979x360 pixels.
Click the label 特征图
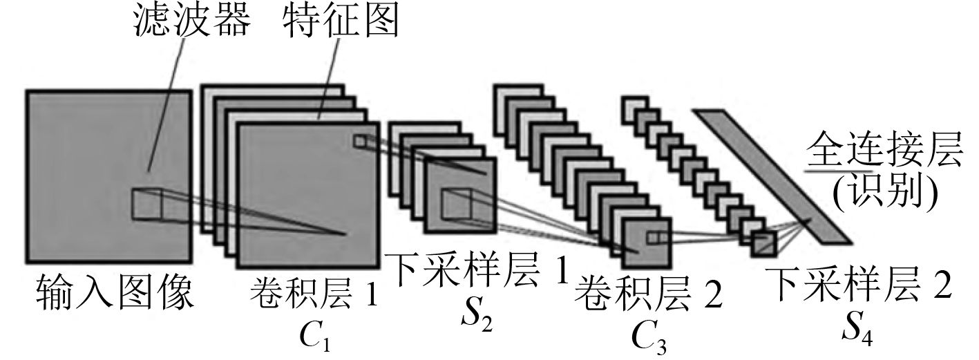[x=341, y=23]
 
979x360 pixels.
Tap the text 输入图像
[x=114, y=293]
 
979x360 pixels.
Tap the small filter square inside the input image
[x=146, y=202]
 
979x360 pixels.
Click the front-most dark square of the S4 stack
[x=765, y=243]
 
